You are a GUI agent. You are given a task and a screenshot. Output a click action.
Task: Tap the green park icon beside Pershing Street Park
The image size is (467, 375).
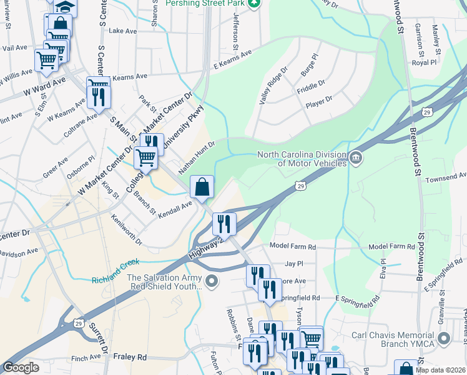coord(253,4)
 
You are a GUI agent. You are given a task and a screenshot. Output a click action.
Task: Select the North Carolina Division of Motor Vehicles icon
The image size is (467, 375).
coord(356,157)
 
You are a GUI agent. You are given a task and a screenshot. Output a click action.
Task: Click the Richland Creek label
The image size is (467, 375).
coord(116,264)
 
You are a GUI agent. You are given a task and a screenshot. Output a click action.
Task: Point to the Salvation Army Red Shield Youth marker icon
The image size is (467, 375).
coord(212,281)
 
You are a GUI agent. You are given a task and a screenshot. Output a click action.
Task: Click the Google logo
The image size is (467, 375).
coord(21,367)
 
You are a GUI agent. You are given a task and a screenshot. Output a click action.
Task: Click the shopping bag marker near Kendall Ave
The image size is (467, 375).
coord(202,187)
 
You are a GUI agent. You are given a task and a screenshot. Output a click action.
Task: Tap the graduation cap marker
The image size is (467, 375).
coord(63,7)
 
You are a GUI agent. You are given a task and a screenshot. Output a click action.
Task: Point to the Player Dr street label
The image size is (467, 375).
coord(319,99)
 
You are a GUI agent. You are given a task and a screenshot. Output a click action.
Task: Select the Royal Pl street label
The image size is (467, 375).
coord(424,62)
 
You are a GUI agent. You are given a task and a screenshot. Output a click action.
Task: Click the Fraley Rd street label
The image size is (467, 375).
coord(130,357)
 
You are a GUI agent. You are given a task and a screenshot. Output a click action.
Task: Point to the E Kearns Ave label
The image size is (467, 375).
coord(232,63)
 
